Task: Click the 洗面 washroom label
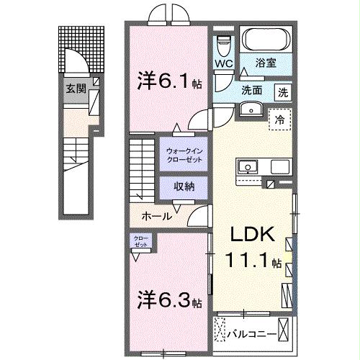click(x=252, y=91)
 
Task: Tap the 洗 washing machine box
click(x=284, y=91)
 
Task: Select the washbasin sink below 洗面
click(x=251, y=109)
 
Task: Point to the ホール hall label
click(x=156, y=216)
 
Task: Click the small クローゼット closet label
click(x=140, y=241)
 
